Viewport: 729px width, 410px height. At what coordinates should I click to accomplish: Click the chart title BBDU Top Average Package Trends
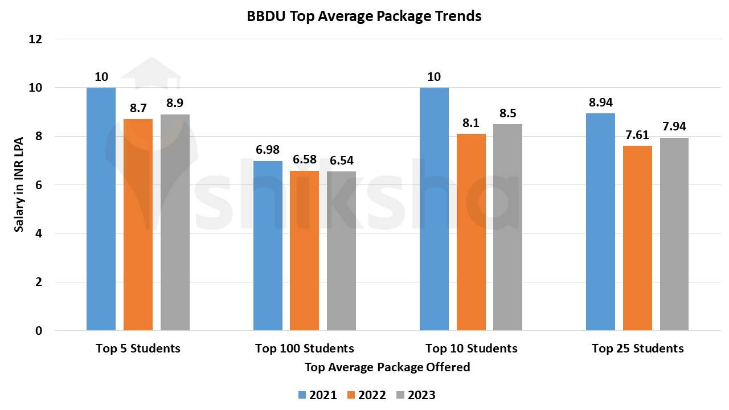pyautogui.click(x=364, y=16)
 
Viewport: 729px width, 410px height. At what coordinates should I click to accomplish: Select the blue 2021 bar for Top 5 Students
pyautogui.click(x=101, y=209)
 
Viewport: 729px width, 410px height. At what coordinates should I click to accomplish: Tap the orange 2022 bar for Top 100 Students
pyautogui.click(x=304, y=251)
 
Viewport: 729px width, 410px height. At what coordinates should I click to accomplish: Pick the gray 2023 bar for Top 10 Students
pyautogui.click(x=507, y=227)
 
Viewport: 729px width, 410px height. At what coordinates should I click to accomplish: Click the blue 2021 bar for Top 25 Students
pyautogui.click(x=600, y=222)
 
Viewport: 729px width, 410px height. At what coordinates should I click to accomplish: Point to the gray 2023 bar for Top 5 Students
pyautogui.click(x=175, y=223)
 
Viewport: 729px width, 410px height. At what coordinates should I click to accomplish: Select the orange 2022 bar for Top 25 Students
pyautogui.click(x=637, y=238)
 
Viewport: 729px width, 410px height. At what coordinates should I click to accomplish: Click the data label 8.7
pyautogui.click(x=138, y=108)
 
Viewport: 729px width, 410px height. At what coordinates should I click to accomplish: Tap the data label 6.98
pyautogui.click(x=268, y=150)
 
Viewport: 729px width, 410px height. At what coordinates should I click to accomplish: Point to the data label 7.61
pyautogui.click(x=637, y=135)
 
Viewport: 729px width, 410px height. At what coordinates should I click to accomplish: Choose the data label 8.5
pyautogui.click(x=507, y=113)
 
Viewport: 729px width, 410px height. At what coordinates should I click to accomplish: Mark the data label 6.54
pyautogui.click(x=341, y=161)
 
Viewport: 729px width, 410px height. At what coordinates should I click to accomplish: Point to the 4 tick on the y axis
pyautogui.click(x=38, y=233)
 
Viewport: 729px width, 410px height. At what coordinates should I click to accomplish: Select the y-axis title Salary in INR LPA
pyautogui.click(x=19, y=185)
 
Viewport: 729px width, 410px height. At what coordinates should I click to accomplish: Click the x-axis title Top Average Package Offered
pyautogui.click(x=387, y=367)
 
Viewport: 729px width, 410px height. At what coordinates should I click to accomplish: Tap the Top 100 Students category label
pyautogui.click(x=304, y=348)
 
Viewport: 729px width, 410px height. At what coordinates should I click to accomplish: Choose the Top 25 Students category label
pyautogui.click(x=637, y=348)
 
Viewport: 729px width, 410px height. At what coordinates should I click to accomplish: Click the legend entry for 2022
pyautogui.click(x=366, y=395)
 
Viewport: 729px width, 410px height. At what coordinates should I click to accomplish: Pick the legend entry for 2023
pyautogui.click(x=416, y=395)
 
